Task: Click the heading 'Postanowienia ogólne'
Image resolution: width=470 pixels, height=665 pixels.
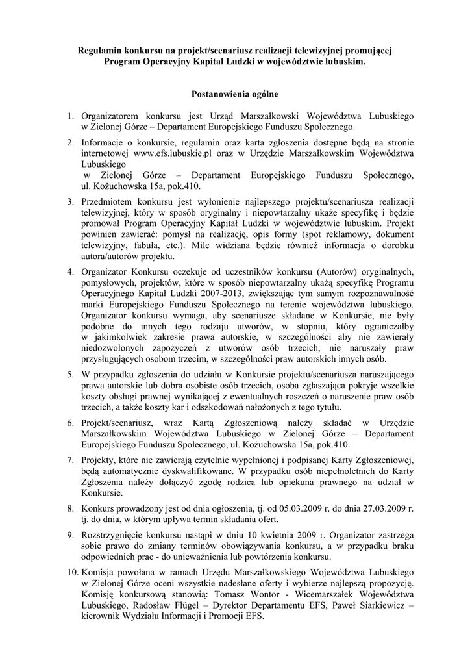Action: point(234,94)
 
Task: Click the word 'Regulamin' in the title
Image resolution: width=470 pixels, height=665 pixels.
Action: point(99,49)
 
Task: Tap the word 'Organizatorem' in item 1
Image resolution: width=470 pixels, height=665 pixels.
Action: point(111,116)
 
